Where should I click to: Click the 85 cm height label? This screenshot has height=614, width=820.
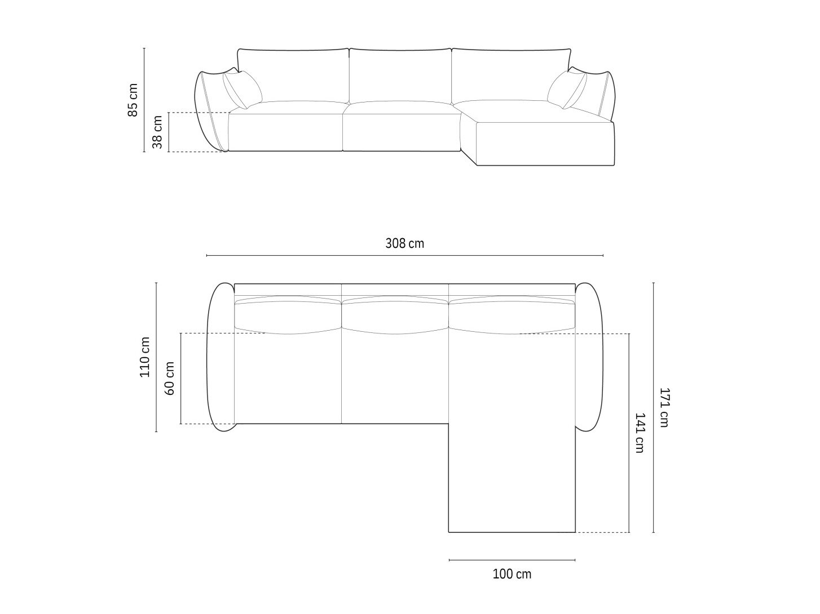click(133, 100)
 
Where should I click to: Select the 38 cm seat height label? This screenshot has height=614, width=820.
click(158, 132)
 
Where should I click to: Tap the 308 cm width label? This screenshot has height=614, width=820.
click(404, 243)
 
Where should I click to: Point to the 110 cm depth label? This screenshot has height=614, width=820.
click(144, 357)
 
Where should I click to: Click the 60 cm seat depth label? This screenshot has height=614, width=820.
click(170, 378)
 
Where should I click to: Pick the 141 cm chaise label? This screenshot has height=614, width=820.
click(640, 433)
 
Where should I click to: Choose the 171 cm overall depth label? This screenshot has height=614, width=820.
click(664, 407)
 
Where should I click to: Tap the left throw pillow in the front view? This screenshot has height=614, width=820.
click(243, 90)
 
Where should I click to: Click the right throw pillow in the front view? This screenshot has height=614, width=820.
click(567, 90)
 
